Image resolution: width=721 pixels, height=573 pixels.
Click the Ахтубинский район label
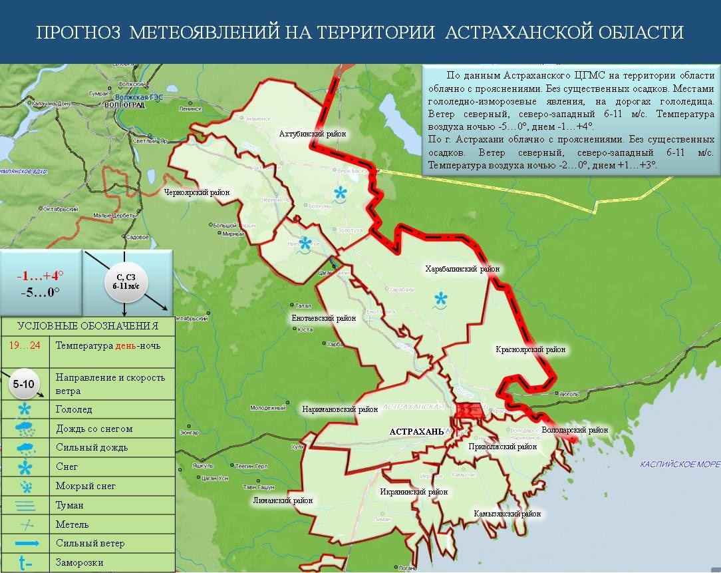coord(313,134)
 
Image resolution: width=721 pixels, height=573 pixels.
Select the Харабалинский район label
coord(462,269)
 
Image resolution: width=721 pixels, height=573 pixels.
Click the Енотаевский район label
coord(324,318)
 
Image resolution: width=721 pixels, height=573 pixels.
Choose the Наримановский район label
coord(340,409)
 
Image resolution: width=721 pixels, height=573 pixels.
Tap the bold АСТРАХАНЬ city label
coord(416,431)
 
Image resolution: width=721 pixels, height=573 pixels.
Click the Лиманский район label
coord(282,500)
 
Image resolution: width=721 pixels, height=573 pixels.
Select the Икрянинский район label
coord(414,492)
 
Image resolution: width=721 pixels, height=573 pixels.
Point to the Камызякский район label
coord(507,514)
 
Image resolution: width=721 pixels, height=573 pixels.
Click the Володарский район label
coord(575,430)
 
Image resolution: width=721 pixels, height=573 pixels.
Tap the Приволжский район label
coord(502,447)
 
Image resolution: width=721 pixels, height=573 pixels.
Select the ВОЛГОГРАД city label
coord(124,105)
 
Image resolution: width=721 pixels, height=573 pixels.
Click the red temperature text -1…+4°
coord(40,276)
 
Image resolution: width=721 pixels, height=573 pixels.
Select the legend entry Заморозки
coord(80,562)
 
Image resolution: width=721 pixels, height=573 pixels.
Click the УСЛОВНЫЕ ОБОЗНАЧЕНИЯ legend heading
coord(87,325)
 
